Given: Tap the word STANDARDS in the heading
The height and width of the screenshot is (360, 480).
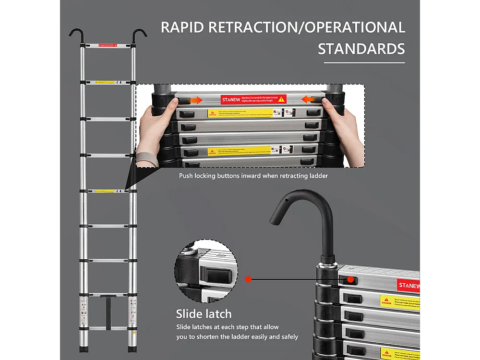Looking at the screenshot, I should point(361,48).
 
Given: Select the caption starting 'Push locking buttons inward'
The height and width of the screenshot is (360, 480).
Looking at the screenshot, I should point(253,176).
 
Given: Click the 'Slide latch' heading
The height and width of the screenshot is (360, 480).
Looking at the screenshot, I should point(204,314).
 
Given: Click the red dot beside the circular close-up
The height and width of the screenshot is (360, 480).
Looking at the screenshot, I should point(248,279).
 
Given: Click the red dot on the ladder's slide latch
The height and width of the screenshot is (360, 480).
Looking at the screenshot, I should point(351,279).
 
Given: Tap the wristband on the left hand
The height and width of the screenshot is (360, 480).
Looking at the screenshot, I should point(147,158).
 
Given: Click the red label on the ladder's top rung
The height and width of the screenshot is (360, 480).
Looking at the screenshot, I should point(107,46).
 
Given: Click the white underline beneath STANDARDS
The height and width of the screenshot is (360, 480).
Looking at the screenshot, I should point(364,63).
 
